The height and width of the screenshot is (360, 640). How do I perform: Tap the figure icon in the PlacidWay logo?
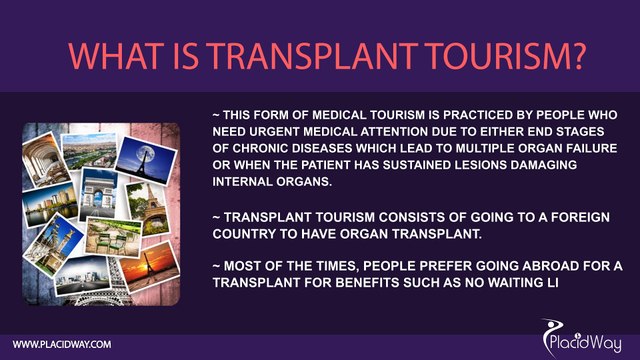551,333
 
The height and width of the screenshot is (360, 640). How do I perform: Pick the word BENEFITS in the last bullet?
381,284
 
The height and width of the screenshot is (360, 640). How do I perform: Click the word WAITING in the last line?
512,284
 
